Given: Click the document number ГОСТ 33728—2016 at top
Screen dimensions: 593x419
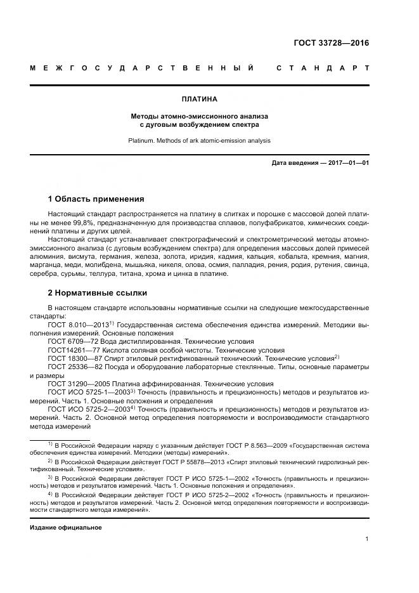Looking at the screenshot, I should pos(331,43).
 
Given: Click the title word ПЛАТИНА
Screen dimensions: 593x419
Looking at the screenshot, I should pos(199,100).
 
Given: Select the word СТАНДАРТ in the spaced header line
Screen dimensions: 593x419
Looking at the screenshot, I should pos(323,68).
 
